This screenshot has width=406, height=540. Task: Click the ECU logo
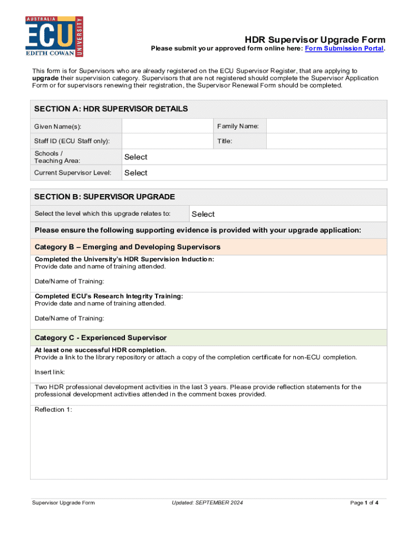coord(54,36)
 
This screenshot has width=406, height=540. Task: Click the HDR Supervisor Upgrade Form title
coord(315,40)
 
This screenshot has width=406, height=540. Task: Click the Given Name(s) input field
coord(167,127)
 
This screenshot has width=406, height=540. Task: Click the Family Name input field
coord(326,127)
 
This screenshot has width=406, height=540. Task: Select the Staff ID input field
coord(167,141)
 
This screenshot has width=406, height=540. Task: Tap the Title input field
coord(326,141)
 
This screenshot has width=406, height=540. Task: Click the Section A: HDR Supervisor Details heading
coord(111,109)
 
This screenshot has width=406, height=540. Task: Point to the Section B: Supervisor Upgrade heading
coord(104,197)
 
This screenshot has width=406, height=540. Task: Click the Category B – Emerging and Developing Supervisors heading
coord(128,247)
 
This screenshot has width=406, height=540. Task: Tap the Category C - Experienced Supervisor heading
coord(101,337)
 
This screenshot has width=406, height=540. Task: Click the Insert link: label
coord(50,372)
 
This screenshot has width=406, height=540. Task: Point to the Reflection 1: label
coord(53,410)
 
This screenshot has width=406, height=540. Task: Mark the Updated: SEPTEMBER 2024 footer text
coord(207,503)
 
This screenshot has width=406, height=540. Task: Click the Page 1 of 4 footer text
coord(364,503)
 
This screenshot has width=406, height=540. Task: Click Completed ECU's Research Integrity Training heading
coord(109,296)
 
